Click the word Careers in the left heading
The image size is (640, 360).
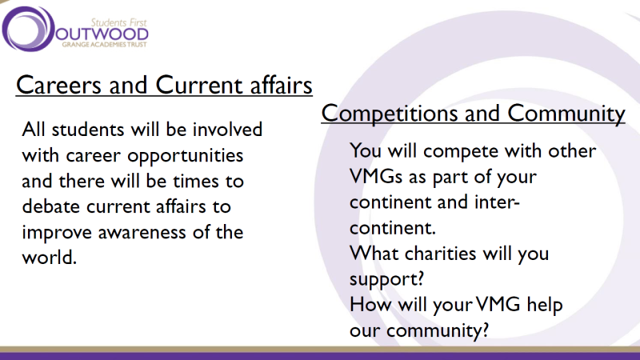pyautogui.click(x=59, y=85)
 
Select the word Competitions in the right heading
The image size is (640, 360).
pyautogui.click(x=390, y=113)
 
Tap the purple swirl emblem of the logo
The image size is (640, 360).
pyautogui.click(x=28, y=29)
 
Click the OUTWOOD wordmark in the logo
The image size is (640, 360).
pyautogui.click(x=102, y=34)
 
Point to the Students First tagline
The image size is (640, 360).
pyautogui.click(x=118, y=22)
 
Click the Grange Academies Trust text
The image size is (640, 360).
pyautogui.click(x=104, y=45)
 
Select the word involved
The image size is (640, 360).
pyautogui.click(x=227, y=130)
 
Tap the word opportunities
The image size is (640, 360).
pyautogui.click(x=186, y=156)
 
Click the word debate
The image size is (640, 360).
pyautogui.click(x=50, y=206)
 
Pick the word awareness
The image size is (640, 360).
pyautogui.click(x=142, y=233)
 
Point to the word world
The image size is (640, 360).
pyautogui.click(x=50, y=258)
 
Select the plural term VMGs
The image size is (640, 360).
pyautogui.click(x=376, y=177)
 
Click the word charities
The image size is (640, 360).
pyautogui.click(x=441, y=254)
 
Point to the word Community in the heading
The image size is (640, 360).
pyautogui.click(x=566, y=114)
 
